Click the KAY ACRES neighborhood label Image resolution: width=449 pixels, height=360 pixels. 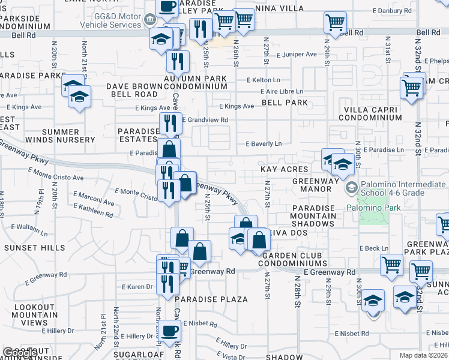[x=284, y=170]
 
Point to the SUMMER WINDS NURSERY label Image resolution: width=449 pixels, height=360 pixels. [x=61, y=136]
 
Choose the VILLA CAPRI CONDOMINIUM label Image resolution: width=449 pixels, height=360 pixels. [x=370, y=113]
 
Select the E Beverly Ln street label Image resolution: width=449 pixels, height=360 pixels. [x=264, y=144]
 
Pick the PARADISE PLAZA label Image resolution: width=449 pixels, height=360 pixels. [x=212, y=299]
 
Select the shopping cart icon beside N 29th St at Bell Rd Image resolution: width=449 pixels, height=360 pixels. [x=335, y=23]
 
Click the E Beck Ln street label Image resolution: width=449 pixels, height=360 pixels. [x=373, y=248]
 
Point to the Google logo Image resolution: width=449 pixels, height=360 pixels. [x=19, y=353]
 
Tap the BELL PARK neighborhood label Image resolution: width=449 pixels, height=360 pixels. [x=285, y=103]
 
